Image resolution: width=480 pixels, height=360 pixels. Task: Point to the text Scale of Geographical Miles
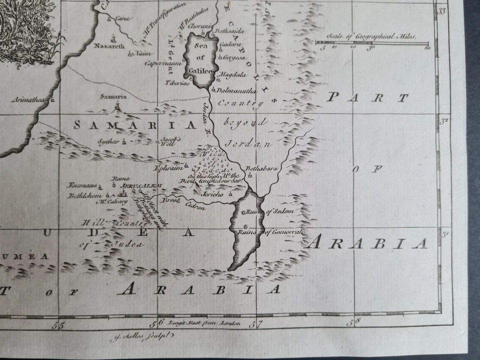[371, 36]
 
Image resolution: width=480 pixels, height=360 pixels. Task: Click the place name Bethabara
[260, 168]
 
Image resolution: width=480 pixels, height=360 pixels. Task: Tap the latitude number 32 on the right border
[443, 121]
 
